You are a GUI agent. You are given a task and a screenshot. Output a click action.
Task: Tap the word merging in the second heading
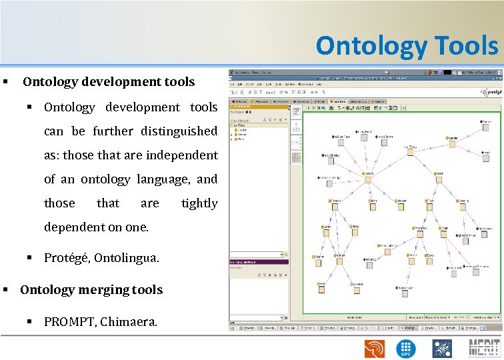(102, 290)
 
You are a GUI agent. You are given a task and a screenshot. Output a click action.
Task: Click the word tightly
(199, 203)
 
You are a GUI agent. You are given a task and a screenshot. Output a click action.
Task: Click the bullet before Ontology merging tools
(5, 290)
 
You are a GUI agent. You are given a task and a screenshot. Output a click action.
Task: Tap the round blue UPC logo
(407, 348)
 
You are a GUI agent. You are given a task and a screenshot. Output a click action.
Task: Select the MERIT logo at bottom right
(484, 347)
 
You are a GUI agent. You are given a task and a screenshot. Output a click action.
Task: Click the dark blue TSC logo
(442, 348)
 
